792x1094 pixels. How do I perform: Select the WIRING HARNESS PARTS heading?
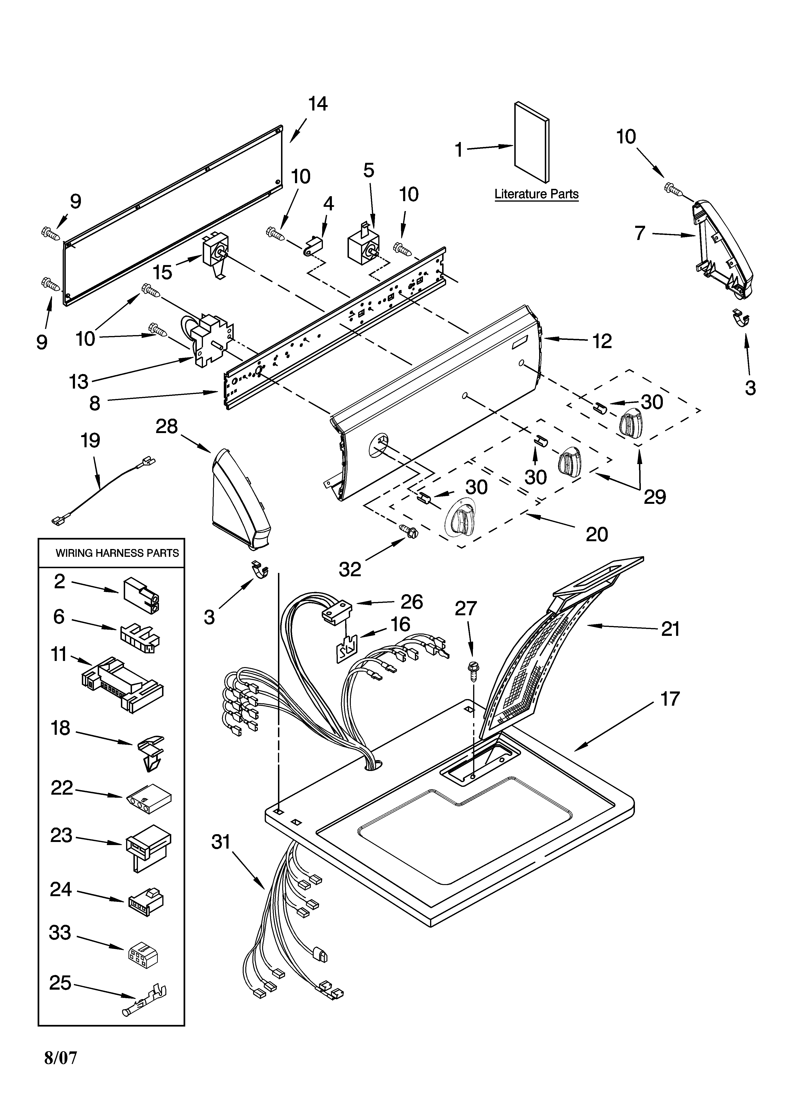click(117, 553)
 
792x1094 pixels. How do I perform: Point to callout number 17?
click(669, 699)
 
